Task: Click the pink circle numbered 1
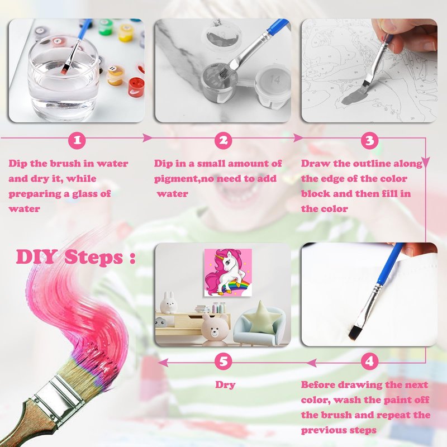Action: pyautogui.click(x=77, y=140)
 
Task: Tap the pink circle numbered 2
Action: pyautogui.click(x=223, y=140)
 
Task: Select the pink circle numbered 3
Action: pyautogui.click(x=369, y=140)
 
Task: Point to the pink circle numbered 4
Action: pyautogui.click(x=369, y=362)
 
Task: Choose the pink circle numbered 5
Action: pyautogui.click(x=223, y=362)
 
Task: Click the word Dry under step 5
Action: pyautogui.click(x=225, y=385)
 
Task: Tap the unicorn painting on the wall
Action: pyautogui.click(x=228, y=272)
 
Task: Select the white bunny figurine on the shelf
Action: pyautogui.click(x=169, y=303)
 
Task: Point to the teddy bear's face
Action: pyautogui.click(x=215, y=331)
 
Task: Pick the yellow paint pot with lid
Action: pyautogui.click(x=125, y=32)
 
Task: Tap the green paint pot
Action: pyautogui.click(x=106, y=27)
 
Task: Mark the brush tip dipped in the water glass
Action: pyautogui.click(x=64, y=69)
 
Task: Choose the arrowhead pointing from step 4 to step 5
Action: pyautogui.click(x=163, y=363)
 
